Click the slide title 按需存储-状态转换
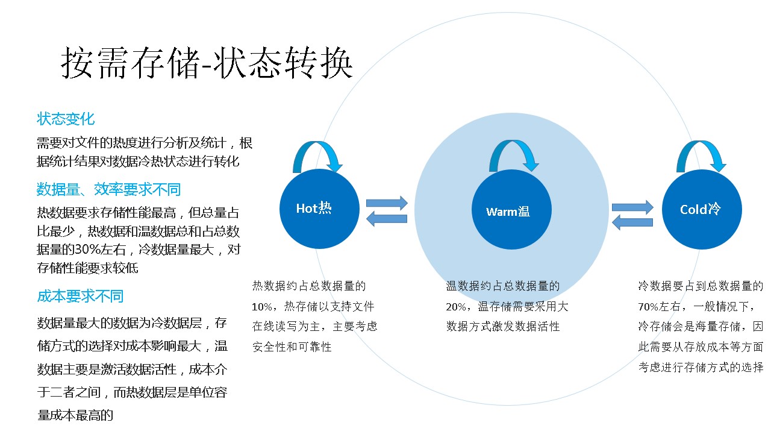pos(207,63)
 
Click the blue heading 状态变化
pos(66,119)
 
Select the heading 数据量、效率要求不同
pos(108,190)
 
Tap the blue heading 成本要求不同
pos(80,296)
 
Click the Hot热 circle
pos(319,209)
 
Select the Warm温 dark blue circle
pos(511,210)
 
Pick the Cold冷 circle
pos(702,209)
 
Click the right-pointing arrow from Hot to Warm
pos(387,203)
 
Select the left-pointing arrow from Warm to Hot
pos(387,219)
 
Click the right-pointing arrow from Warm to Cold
pos(632,207)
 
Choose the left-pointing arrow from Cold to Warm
pos(632,222)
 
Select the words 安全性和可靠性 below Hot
pos(292,347)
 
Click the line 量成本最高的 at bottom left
pos(75,415)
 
